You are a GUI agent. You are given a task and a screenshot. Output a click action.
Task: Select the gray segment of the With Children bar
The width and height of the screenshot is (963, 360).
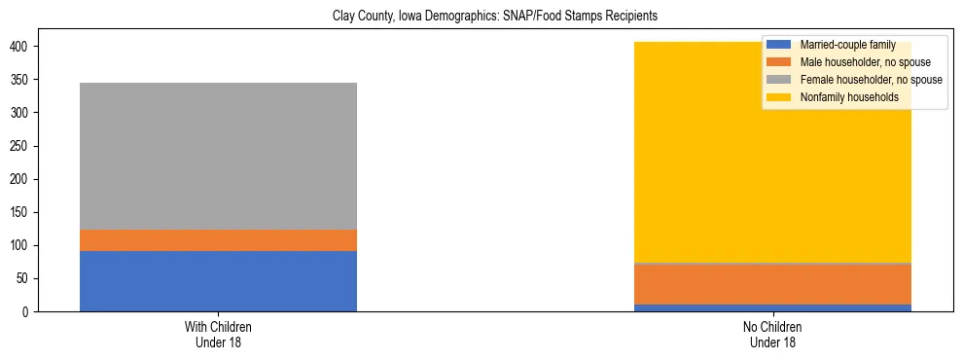(218, 156)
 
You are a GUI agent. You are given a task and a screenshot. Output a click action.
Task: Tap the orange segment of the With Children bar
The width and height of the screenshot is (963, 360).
(218, 240)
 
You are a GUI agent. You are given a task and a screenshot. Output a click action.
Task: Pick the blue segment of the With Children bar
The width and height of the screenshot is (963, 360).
(218, 281)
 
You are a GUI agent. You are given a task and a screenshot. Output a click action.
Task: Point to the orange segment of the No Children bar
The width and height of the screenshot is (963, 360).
(772, 284)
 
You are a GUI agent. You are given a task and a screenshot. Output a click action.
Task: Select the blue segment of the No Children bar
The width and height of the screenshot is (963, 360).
(772, 307)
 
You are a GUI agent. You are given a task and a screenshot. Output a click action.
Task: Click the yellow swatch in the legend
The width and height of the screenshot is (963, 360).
(779, 97)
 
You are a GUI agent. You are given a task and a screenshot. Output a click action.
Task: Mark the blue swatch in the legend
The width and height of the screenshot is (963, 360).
(779, 45)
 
